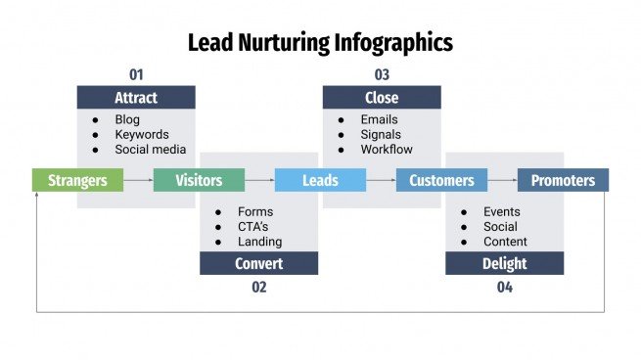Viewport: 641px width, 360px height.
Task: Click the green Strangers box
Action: (77, 180)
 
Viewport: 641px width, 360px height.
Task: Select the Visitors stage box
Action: (199, 180)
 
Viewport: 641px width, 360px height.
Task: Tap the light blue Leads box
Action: (320, 180)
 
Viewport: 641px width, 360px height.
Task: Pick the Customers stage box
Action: (441, 180)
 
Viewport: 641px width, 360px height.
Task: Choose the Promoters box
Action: (563, 180)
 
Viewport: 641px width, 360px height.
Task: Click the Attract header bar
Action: (136, 98)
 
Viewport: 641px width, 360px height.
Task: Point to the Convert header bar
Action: (258, 263)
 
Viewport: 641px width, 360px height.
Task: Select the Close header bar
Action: (382, 98)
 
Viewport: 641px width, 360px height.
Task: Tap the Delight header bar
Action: (504, 263)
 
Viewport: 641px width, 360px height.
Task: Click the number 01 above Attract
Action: (136, 74)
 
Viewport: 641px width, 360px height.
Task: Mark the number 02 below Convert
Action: (258, 287)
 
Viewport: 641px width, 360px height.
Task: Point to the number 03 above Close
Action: (382, 74)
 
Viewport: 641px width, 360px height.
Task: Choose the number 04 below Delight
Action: (504, 287)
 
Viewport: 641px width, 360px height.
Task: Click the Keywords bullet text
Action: (141, 135)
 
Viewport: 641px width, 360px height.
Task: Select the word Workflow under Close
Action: (387, 150)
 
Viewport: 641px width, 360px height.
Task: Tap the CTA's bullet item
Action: (253, 227)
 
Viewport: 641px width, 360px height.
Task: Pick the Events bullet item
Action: (501, 211)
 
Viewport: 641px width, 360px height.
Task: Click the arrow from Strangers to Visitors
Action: (138, 180)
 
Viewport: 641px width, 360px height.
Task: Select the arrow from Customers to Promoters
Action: (502, 180)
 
